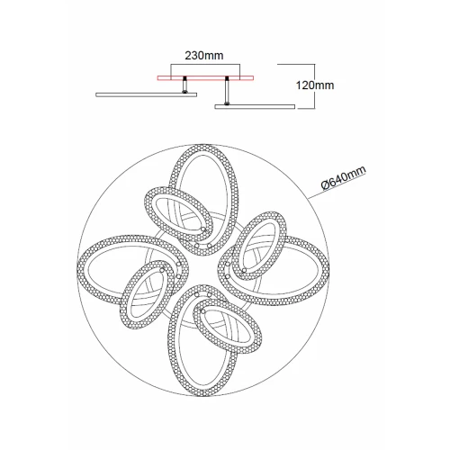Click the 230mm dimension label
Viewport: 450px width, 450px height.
click(x=204, y=56)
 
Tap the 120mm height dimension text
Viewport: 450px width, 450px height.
click(x=315, y=85)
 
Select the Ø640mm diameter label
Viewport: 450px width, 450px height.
click(x=344, y=177)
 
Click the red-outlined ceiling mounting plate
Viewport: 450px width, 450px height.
click(x=205, y=78)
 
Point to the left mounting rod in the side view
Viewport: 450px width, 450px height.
click(x=185, y=85)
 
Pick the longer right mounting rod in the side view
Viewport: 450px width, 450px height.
click(x=228, y=91)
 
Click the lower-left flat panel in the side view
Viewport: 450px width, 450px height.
click(x=147, y=94)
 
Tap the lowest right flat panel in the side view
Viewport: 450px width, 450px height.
click(x=255, y=106)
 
